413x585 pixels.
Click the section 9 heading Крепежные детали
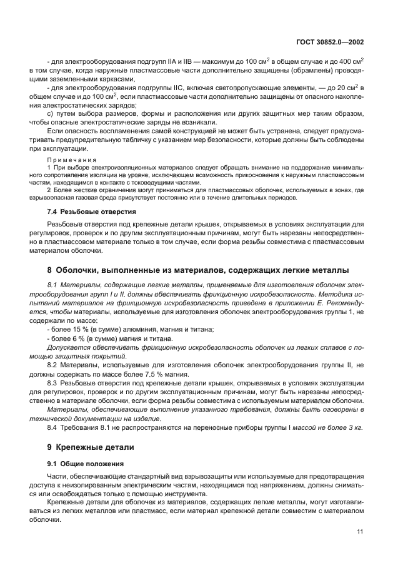pyautogui.click(x=90, y=447)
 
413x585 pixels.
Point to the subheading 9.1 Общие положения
pyautogui.click(x=85, y=464)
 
